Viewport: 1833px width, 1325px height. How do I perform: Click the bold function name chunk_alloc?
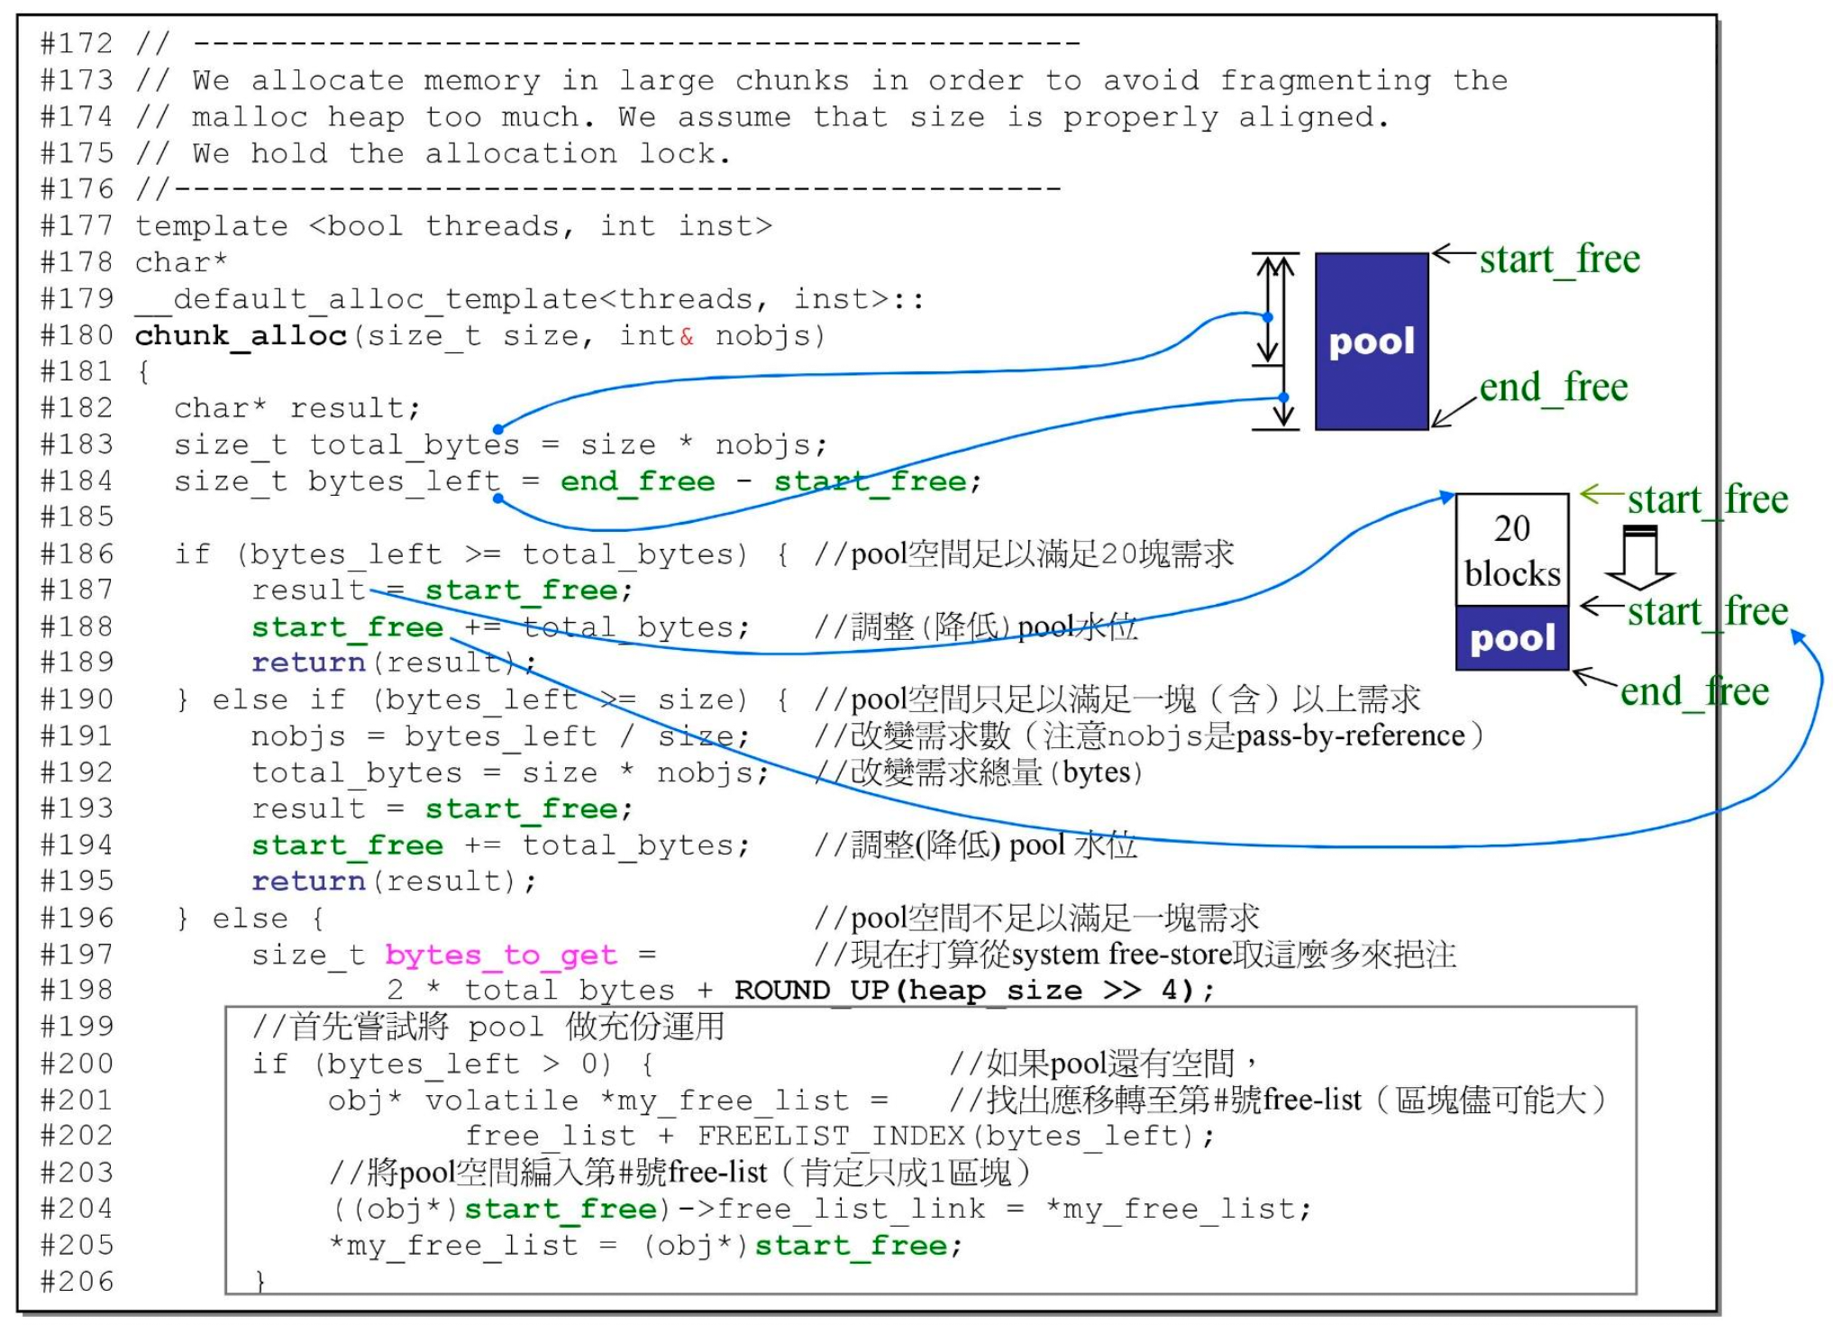[241, 336]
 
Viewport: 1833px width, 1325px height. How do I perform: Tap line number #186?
[78, 554]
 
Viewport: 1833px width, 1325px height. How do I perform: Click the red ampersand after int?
[687, 337]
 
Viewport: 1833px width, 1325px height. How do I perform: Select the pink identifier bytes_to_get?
[501, 955]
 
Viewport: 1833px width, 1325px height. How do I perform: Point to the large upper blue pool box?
[1372, 342]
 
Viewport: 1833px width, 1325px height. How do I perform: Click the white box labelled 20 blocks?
[1511, 550]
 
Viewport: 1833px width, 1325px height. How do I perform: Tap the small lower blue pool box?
[1511, 639]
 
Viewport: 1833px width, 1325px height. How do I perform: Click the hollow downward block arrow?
[1639, 558]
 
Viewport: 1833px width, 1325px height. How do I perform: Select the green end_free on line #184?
[637, 482]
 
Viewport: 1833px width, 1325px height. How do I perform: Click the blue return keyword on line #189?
[308, 663]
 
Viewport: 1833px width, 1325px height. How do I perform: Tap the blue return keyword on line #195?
[308, 882]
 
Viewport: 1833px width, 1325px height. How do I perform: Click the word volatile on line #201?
[501, 1101]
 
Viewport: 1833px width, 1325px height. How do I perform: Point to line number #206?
[78, 1282]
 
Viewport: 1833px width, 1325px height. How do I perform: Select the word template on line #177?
[212, 226]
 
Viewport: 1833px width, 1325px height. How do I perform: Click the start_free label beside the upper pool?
[1559, 260]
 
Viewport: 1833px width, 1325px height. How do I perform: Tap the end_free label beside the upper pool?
[1553, 388]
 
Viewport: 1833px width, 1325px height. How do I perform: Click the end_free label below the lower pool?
[1694, 692]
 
